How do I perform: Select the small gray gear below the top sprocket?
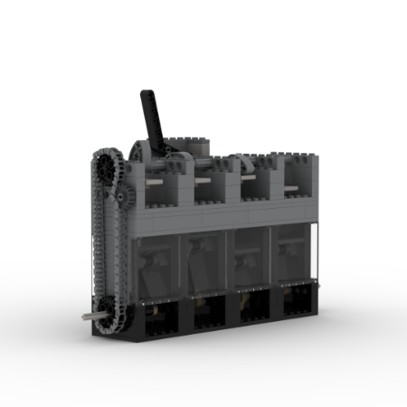[118, 194]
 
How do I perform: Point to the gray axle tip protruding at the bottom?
[87, 315]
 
